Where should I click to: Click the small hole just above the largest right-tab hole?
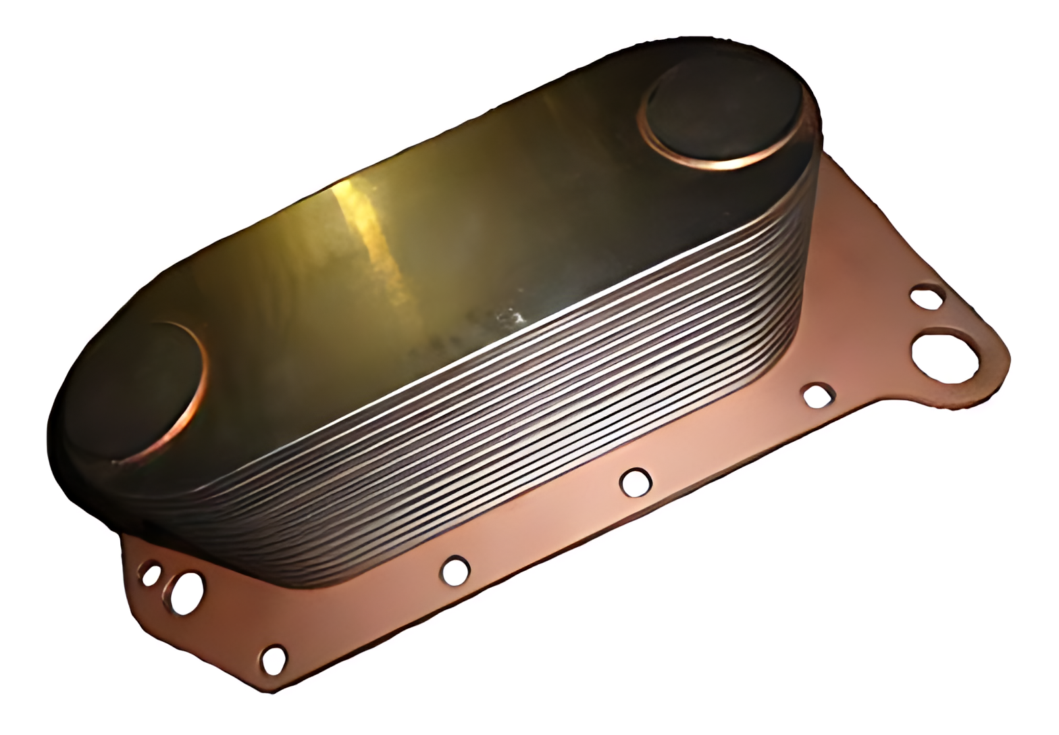click(926, 297)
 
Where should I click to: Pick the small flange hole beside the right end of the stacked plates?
click(818, 396)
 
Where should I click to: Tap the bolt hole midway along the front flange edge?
click(636, 482)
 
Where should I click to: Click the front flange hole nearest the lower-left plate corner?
click(455, 570)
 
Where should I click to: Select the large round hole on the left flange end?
click(187, 592)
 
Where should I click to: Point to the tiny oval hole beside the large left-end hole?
click(150, 575)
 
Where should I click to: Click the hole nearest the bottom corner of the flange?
click(274, 659)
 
